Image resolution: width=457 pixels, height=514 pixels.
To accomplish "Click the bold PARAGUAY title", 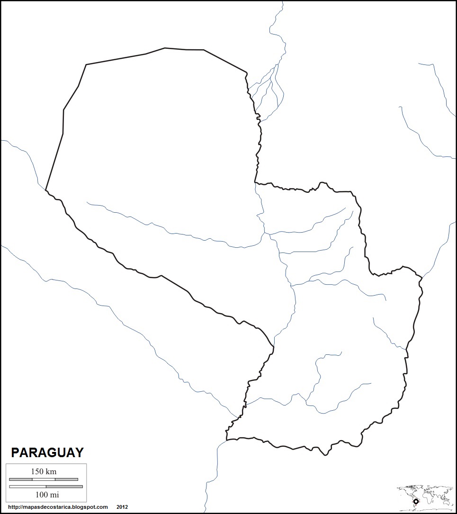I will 47,452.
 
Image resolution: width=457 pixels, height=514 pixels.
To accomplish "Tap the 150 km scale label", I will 44,471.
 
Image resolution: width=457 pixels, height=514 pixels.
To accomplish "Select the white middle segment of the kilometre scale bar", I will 44,479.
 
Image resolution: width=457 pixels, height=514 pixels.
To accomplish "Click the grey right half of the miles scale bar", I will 64,487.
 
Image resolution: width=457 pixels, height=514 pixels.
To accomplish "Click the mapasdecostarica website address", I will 58,507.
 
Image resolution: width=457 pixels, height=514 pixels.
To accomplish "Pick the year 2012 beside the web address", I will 122,507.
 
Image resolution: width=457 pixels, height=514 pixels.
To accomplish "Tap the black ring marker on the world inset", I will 415,502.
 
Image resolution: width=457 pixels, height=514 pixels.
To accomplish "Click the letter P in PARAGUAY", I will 15,452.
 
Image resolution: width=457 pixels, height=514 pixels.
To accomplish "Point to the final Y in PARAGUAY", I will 79,452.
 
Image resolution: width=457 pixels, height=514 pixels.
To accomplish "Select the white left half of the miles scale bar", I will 27,487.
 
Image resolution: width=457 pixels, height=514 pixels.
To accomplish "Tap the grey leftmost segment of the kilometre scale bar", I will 20,479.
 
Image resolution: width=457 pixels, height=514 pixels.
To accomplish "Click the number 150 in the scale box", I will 38,471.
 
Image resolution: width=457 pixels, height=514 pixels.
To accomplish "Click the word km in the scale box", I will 51,471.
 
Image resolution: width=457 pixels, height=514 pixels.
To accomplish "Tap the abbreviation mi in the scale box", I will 55,495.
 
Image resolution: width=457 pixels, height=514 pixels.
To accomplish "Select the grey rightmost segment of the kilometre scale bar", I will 66,479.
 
